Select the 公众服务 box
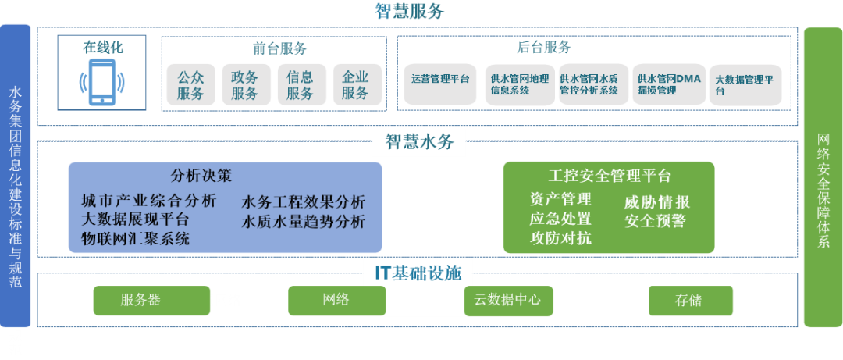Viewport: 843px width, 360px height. [190, 85]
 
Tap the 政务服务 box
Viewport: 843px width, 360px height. [244, 85]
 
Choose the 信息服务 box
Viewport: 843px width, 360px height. [300, 85]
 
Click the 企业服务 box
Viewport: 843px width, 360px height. [355, 85]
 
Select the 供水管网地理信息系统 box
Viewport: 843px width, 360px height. [519, 84]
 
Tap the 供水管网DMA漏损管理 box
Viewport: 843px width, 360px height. [669, 84]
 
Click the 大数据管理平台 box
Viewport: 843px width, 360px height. [744, 84]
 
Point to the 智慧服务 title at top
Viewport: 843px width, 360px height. [421, 12]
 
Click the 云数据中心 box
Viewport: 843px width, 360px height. [507, 301]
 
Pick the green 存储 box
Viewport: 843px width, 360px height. [690, 301]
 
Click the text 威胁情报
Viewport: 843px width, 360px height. [656, 202]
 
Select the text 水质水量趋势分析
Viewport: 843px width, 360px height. [303, 221]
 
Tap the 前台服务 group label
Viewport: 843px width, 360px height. [280, 48]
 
